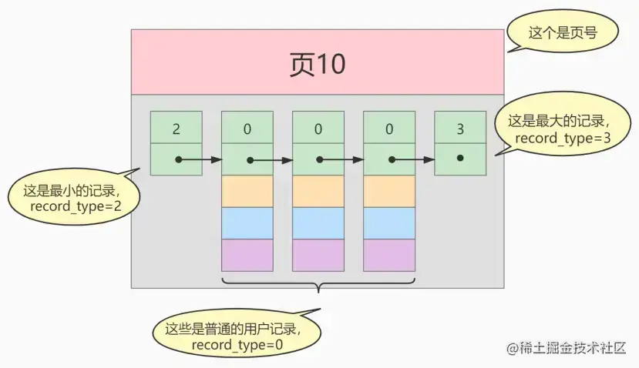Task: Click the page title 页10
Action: click(317, 65)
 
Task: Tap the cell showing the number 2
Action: click(176, 128)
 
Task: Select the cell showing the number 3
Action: click(460, 128)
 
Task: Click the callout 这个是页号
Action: click(552, 33)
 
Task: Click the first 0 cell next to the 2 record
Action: click(247, 128)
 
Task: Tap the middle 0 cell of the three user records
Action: click(318, 128)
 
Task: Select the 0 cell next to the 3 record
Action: click(389, 128)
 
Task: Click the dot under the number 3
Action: click(460, 158)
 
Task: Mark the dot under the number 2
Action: click(178, 160)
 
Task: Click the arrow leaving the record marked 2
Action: click(202, 160)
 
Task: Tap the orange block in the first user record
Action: click(247, 191)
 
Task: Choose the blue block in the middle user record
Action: click(318, 223)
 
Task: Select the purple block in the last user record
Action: click(389, 255)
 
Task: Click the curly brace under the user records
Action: click(318, 286)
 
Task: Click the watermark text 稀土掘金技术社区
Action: click(571, 348)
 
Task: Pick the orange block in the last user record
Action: click(389, 191)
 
